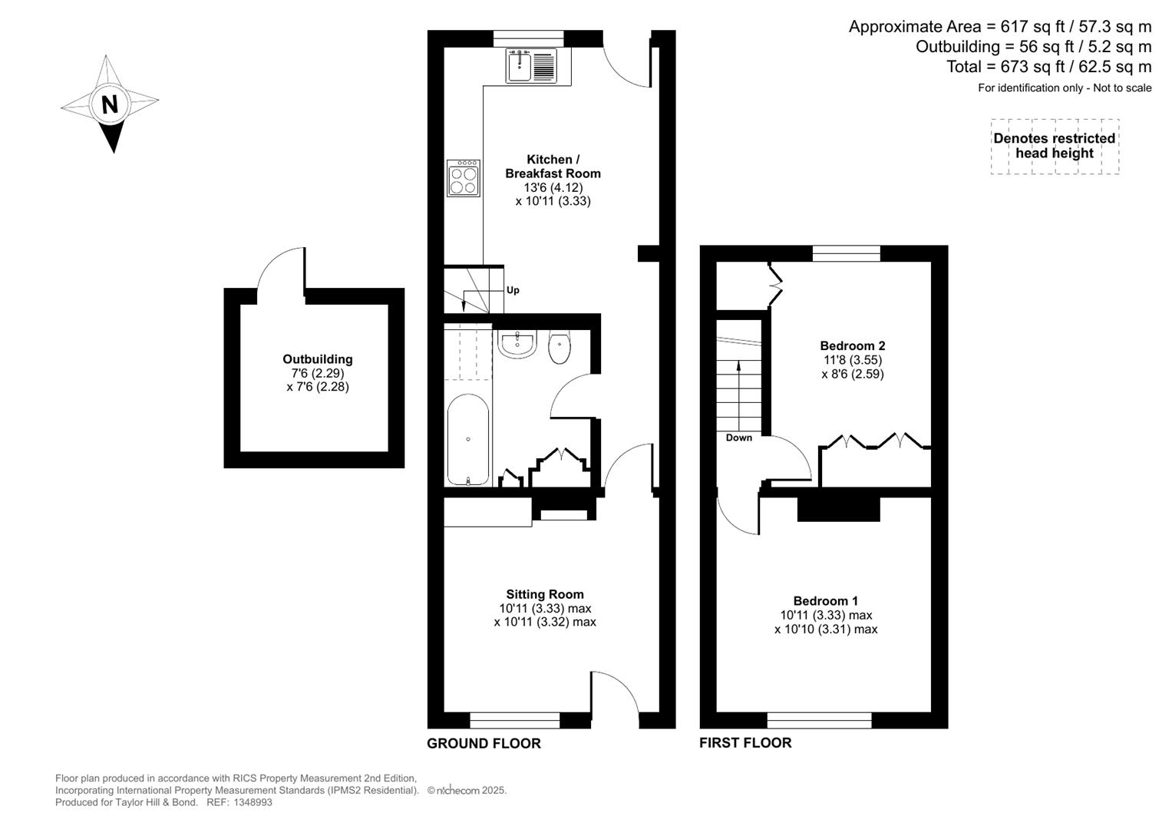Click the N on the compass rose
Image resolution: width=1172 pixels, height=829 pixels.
tap(110, 104)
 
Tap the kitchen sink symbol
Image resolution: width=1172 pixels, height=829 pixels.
tap(530, 65)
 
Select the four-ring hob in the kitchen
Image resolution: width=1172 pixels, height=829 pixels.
tap(464, 178)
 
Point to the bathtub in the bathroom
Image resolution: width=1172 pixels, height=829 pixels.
tap(468, 441)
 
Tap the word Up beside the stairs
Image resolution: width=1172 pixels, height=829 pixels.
tap(513, 290)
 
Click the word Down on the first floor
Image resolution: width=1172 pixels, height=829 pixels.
tap(739, 438)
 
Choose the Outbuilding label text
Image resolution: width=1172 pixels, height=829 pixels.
tap(318, 359)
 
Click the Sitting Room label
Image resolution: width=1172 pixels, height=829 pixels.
tap(545, 594)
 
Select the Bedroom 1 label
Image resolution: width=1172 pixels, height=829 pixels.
tap(826, 601)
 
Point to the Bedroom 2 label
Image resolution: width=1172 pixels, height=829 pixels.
tap(852, 345)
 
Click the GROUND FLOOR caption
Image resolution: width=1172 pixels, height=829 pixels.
tap(484, 743)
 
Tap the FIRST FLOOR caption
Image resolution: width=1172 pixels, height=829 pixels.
tap(745, 742)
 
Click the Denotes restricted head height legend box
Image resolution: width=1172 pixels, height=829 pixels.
tap(1055, 146)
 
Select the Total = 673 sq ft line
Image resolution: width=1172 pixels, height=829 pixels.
tap(1048, 67)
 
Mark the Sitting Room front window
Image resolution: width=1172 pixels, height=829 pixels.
tap(514, 720)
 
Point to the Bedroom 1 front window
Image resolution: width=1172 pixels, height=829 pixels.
tap(819, 720)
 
